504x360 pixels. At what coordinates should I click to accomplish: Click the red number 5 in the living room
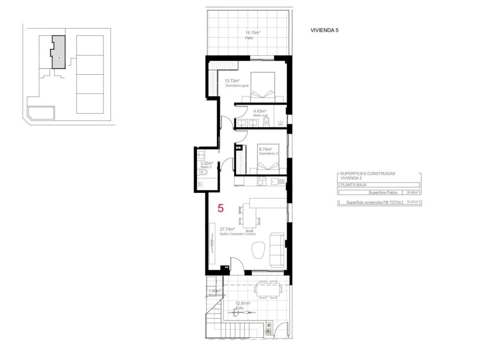(220, 209)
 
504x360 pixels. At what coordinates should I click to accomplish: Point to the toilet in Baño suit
(266, 121)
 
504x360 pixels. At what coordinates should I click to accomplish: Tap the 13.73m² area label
(232, 81)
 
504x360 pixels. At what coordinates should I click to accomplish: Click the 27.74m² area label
(227, 229)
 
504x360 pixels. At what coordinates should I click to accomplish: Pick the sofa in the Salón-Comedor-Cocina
(277, 250)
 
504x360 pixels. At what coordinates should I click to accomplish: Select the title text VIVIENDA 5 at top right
(324, 30)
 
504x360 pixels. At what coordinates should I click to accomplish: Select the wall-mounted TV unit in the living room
(212, 244)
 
